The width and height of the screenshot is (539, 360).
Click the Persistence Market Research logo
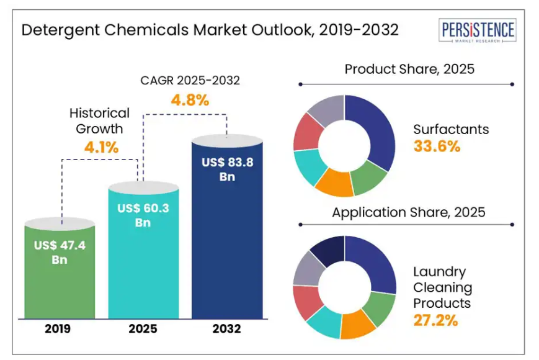pyautogui.click(x=477, y=31)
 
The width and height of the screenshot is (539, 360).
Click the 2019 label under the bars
pyautogui.click(x=60, y=328)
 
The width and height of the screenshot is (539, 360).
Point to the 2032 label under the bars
pyautogui.click(x=227, y=328)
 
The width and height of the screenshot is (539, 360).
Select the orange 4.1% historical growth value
pyautogui.click(x=100, y=147)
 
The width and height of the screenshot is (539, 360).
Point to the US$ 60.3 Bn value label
pyautogui.click(x=143, y=215)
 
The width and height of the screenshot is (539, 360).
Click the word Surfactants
pyautogui.click(x=451, y=129)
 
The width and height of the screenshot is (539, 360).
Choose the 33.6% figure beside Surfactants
pyautogui.click(x=437, y=146)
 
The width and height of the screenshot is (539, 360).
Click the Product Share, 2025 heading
pyautogui.click(x=409, y=68)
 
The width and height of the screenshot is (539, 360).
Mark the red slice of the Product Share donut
pyautogui.click(x=306, y=131)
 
